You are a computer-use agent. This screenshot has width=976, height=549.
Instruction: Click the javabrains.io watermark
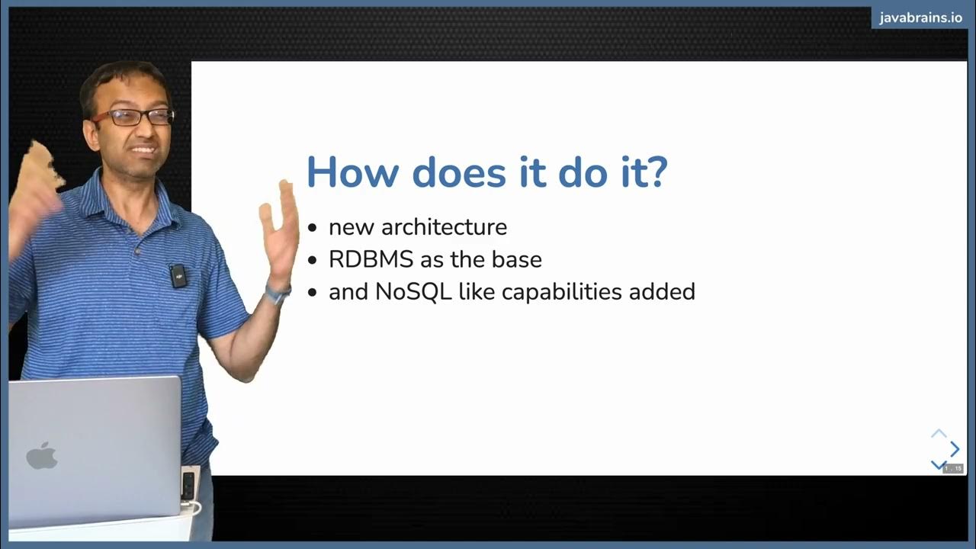(920, 18)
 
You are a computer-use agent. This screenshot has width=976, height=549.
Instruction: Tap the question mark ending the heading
(657, 172)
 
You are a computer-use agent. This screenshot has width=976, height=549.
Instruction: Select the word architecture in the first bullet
(444, 227)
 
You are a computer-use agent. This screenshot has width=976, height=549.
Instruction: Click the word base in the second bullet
(520, 259)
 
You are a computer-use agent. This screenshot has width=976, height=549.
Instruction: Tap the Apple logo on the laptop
(42, 456)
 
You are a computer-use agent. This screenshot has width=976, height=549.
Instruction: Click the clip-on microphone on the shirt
(178, 275)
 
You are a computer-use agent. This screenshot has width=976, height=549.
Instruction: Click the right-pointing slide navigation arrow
(955, 450)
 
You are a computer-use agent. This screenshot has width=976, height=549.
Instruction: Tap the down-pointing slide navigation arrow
(939, 464)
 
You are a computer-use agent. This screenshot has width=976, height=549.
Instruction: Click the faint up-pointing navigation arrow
(939, 434)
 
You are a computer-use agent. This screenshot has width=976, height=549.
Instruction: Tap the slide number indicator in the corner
(953, 468)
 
